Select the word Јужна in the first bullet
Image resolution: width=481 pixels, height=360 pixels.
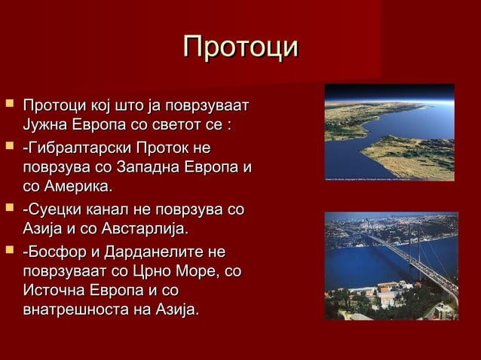click(47, 123)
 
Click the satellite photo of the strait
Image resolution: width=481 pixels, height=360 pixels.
click(389, 133)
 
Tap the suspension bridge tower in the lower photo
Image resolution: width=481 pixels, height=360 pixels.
click(417, 241)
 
